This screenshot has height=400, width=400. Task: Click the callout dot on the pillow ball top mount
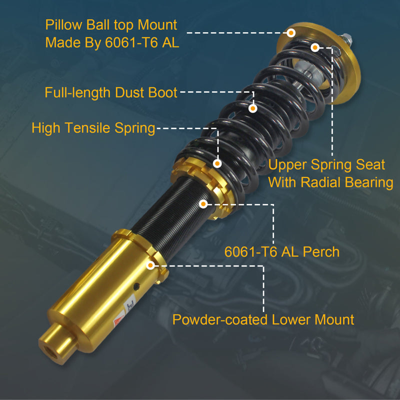pyautogui.click(x=291, y=33)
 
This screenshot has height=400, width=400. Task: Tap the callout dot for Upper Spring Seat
pyautogui.click(x=315, y=47)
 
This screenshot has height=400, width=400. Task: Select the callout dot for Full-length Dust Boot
pyautogui.click(x=252, y=108)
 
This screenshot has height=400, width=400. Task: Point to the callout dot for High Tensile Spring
pyautogui.click(x=217, y=163)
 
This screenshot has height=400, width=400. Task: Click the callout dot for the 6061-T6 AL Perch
pyautogui.click(x=203, y=204)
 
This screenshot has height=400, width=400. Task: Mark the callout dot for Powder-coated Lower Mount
pyautogui.click(x=150, y=265)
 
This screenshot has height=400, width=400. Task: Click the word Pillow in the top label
pyautogui.click(x=64, y=25)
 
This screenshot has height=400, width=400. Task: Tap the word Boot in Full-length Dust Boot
pyautogui.click(x=163, y=92)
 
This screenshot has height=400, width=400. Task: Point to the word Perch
pyautogui.click(x=321, y=252)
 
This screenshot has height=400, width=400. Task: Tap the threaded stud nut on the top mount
pyautogui.click(x=346, y=39)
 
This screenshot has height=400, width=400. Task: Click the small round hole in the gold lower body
pyautogui.click(x=136, y=286)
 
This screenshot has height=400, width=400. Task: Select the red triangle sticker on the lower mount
pyautogui.click(x=119, y=319)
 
